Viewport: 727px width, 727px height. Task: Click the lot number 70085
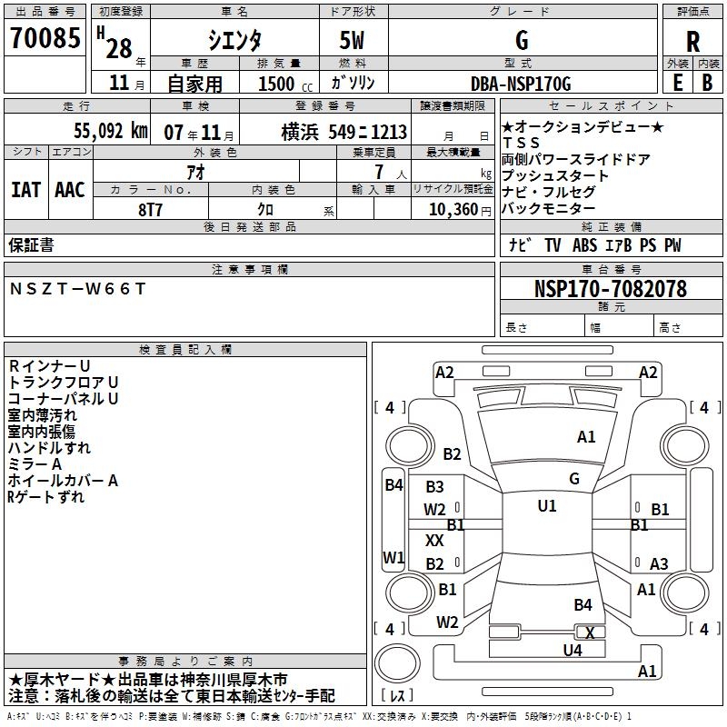click(x=45, y=37)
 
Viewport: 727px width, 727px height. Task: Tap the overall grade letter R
click(x=692, y=42)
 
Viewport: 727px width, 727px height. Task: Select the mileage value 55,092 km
click(x=111, y=131)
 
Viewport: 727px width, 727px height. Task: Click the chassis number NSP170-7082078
click(x=611, y=288)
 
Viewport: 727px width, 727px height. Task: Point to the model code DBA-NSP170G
click(x=521, y=84)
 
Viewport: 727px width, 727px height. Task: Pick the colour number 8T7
click(x=150, y=210)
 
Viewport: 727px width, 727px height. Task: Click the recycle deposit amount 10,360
click(x=453, y=210)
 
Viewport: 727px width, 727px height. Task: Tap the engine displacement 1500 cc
click(x=285, y=84)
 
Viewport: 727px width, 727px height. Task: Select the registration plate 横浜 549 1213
click(x=344, y=133)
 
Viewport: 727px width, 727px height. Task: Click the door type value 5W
click(x=352, y=40)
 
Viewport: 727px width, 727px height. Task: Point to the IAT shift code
click(x=25, y=190)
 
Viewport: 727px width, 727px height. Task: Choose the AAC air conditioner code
click(x=70, y=190)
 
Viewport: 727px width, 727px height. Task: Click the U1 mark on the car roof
click(x=547, y=505)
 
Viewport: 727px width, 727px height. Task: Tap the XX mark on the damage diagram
click(x=434, y=540)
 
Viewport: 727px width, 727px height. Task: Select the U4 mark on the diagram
click(x=573, y=650)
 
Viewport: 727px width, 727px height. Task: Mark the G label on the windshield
click(x=574, y=479)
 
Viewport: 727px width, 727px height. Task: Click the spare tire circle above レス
click(x=397, y=663)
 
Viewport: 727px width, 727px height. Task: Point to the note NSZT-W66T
click(x=77, y=289)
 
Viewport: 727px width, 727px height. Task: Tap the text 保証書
click(x=31, y=245)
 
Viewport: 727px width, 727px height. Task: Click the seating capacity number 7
click(x=379, y=172)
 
